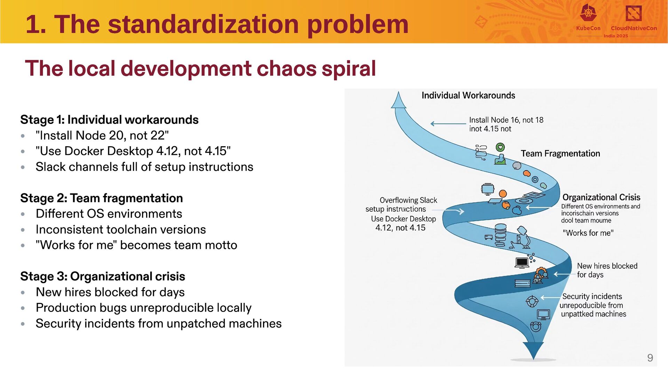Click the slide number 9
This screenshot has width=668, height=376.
650,358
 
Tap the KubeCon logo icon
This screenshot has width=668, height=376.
588,14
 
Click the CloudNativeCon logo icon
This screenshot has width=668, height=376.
633,14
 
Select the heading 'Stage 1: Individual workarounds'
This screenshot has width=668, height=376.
109,120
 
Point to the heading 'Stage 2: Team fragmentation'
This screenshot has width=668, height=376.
101,198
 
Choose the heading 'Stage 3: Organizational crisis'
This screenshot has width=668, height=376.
103,276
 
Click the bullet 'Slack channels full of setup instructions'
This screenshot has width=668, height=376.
144,167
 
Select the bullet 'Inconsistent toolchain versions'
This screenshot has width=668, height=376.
121,230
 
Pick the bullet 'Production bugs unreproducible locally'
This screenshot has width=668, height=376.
143,308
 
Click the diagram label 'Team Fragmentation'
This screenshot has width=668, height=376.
560,154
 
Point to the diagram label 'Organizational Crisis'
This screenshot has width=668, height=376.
601,197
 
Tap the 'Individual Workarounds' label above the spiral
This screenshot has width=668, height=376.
468,95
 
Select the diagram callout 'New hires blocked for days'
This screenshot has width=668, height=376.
607,270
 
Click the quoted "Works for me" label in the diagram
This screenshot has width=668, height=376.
588,233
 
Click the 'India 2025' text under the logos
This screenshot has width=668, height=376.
616,36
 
